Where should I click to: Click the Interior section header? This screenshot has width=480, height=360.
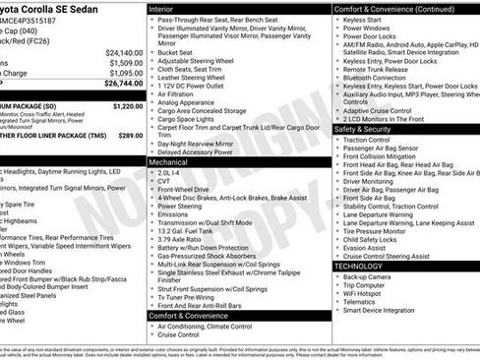[160, 8]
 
